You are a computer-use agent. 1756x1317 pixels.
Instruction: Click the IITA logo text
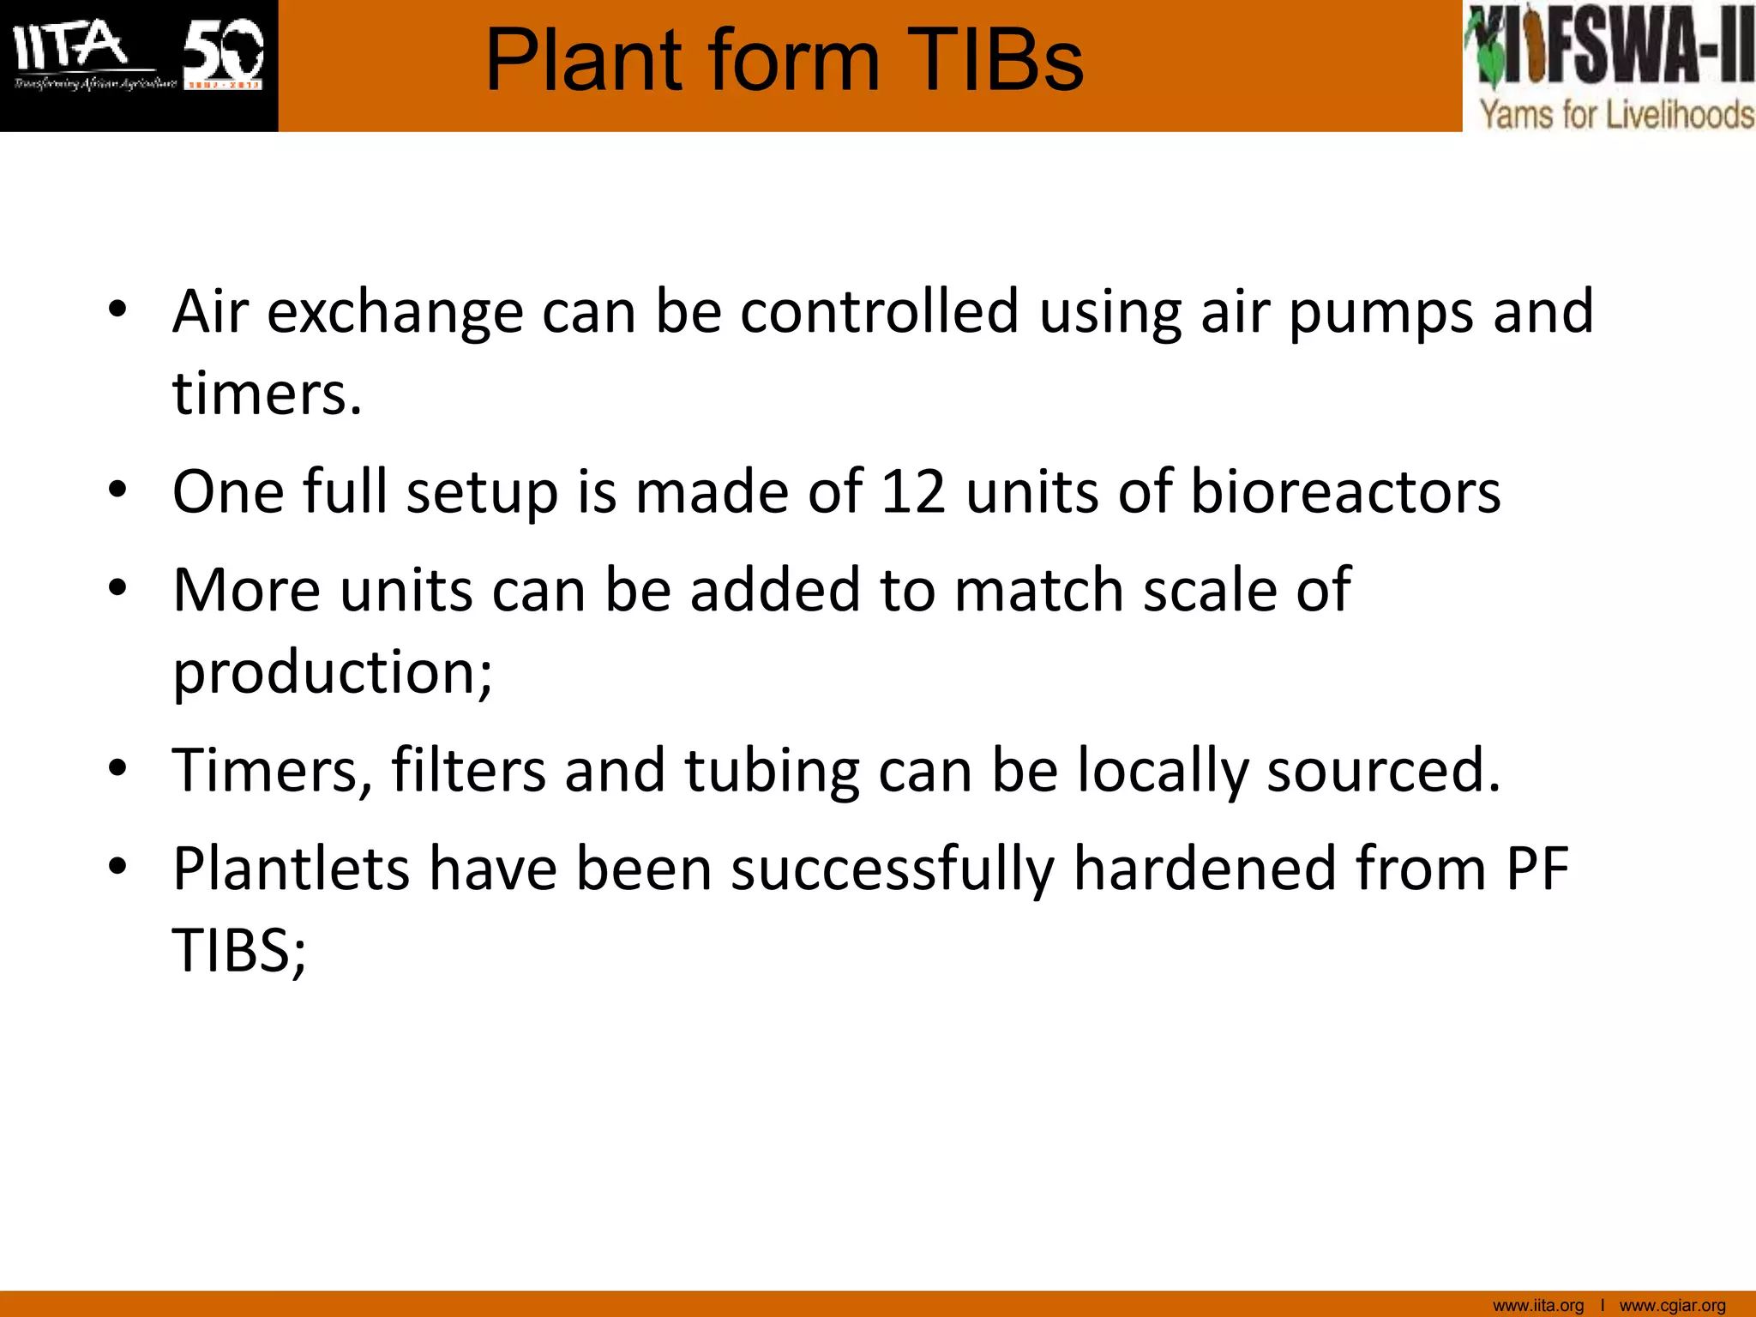(x=70, y=47)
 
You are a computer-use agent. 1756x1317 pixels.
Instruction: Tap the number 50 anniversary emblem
(x=223, y=53)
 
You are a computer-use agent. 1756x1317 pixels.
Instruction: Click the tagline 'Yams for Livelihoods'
(x=1617, y=114)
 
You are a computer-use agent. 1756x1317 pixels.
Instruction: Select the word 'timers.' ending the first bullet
(x=267, y=394)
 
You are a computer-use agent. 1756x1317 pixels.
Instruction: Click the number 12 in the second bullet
(x=913, y=492)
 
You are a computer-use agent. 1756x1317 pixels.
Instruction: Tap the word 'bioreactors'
(x=1345, y=492)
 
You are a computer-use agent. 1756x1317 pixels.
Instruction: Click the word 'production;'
(x=333, y=672)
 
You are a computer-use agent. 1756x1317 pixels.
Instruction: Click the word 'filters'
(x=468, y=770)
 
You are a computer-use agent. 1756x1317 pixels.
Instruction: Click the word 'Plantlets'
(x=292, y=869)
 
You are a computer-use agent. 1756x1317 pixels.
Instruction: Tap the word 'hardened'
(x=1204, y=869)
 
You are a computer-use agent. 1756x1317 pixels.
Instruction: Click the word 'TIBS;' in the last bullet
(x=239, y=951)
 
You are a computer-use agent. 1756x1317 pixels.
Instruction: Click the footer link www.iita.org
(x=1538, y=1305)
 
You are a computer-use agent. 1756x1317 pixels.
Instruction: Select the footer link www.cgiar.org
(x=1672, y=1305)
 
